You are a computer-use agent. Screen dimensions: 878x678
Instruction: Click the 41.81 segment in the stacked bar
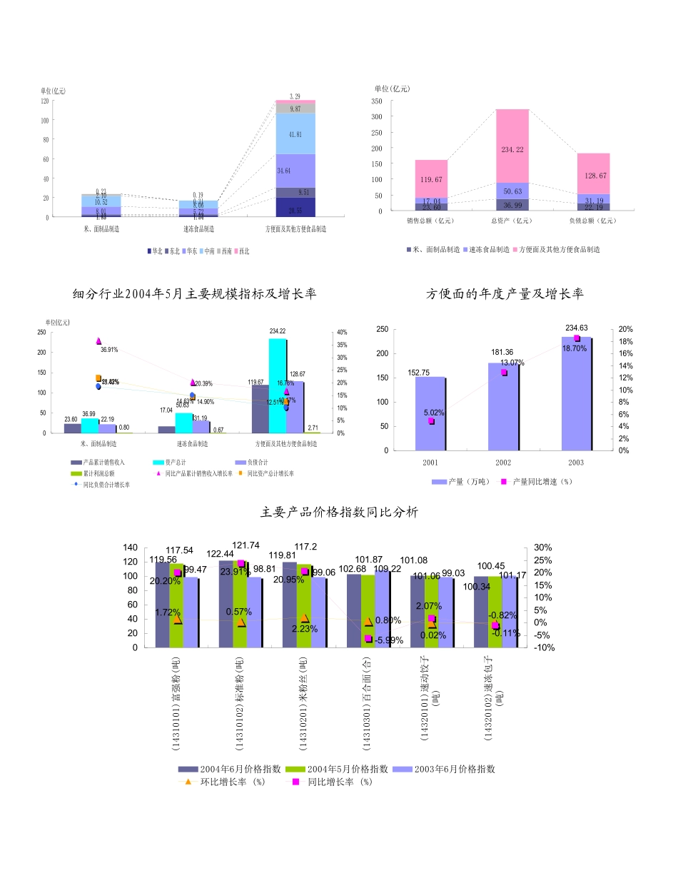tap(295, 134)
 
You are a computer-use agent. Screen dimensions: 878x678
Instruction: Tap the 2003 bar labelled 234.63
tap(575, 393)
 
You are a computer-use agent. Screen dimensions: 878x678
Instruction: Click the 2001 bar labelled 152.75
tap(430, 413)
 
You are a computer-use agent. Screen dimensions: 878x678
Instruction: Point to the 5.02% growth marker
tap(431, 421)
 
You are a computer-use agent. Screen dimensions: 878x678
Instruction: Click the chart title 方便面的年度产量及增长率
tap(505, 294)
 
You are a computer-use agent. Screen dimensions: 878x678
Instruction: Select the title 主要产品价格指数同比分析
tap(339, 513)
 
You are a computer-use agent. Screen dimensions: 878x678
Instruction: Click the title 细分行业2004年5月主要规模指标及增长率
tap(194, 294)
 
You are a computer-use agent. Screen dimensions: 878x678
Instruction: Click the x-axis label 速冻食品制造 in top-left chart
tap(198, 229)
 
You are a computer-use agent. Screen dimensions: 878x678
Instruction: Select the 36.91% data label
tap(109, 350)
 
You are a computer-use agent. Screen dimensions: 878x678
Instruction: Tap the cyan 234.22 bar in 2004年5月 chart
tap(277, 385)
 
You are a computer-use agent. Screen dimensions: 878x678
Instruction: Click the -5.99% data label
tap(389, 640)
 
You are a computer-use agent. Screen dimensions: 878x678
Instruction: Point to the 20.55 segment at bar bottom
tap(295, 211)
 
